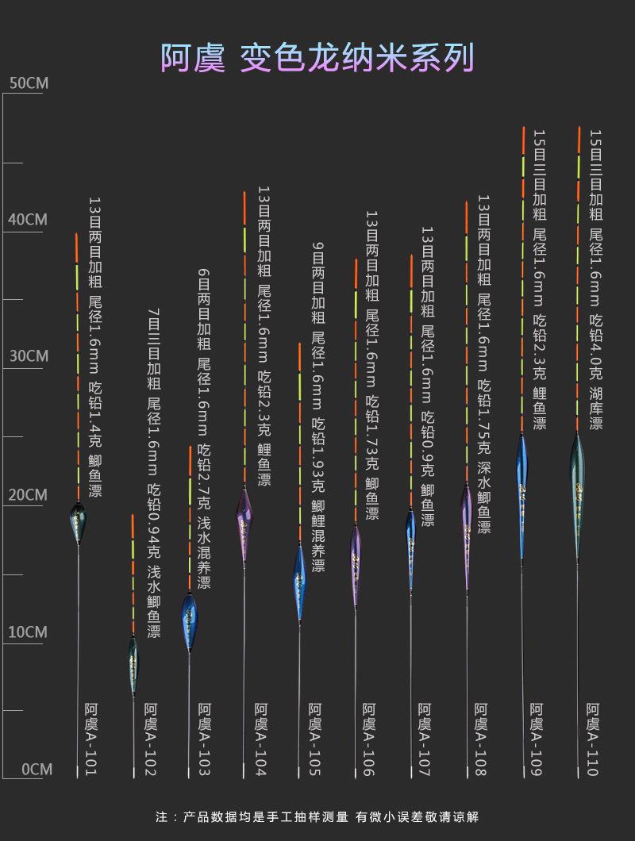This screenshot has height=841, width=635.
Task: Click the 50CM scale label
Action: point(28,83)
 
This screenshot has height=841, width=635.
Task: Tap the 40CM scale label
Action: point(28,220)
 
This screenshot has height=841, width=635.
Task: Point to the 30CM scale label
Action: point(28,356)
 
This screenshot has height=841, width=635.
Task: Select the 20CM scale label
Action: point(28,495)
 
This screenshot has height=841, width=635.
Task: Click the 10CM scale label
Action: point(28,632)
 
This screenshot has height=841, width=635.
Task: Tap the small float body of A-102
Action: point(133,662)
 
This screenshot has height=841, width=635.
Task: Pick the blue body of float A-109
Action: point(522,476)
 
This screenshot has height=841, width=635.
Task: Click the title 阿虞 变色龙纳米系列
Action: point(317,58)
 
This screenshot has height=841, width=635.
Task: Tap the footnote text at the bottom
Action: point(317,816)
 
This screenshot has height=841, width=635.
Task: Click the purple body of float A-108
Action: point(467,528)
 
